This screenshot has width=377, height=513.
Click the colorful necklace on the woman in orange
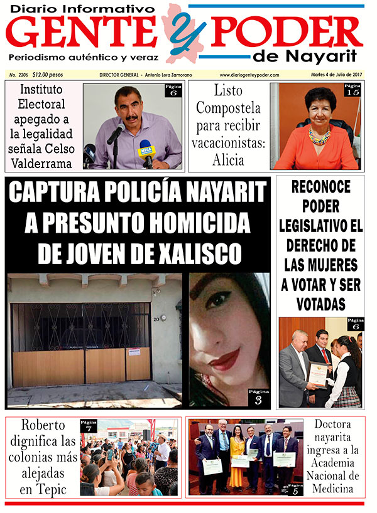click(319, 135)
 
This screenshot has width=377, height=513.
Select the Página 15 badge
click(352, 90)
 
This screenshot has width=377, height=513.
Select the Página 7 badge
click(89, 426)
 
